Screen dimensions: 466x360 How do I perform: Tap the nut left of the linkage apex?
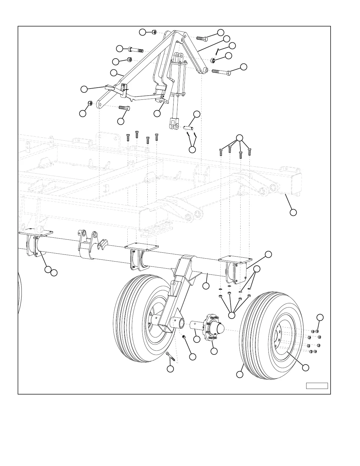[x=154, y=32]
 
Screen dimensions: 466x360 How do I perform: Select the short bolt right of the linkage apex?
[x=202, y=38]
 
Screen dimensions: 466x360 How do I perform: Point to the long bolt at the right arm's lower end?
[x=221, y=71]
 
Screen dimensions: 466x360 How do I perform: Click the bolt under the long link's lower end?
[x=124, y=108]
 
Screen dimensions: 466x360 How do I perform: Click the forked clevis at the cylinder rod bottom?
[x=174, y=124]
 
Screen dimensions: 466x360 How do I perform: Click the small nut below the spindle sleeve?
[x=184, y=337]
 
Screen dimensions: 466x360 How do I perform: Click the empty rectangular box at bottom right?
[x=317, y=386]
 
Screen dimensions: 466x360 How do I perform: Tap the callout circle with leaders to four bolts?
[x=240, y=138]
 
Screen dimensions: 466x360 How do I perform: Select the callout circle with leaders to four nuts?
[x=232, y=315]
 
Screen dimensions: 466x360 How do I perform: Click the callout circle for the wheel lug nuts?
[x=320, y=317]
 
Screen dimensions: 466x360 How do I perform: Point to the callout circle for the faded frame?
[x=293, y=212]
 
